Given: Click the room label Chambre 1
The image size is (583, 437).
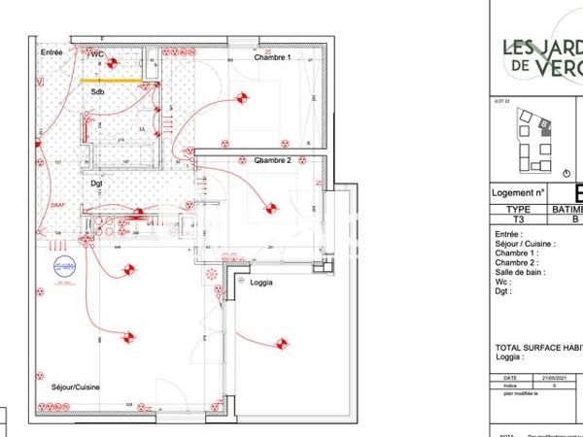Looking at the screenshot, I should pyautogui.click(x=273, y=58).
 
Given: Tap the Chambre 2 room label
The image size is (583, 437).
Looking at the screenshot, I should pyautogui.click(x=273, y=160).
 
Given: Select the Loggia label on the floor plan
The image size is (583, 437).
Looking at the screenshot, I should pyautogui.click(x=261, y=283).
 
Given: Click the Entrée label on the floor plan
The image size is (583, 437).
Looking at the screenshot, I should pyautogui.click(x=51, y=51).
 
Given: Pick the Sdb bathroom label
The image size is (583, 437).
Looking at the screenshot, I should pyautogui.click(x=97, y=92).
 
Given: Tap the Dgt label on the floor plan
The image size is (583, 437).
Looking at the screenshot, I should pyautogui.click(x=97, y=182).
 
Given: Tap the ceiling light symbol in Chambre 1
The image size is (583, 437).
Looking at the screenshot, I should pyautogui.click(x=243, y=97).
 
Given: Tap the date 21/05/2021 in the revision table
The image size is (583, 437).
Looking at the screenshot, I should pyautogui.click(x=540, y=378).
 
